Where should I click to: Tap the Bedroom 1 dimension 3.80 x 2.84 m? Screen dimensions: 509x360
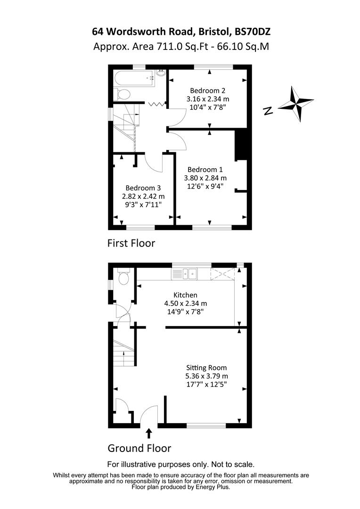click(205, 178)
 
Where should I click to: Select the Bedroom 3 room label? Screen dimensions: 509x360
click(143, 188)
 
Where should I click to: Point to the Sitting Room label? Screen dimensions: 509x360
click(206, 368)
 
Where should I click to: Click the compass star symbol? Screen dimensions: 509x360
click(295, 103)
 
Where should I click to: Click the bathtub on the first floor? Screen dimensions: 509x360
click(135, 77)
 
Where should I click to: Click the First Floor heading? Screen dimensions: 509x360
click(131, 243)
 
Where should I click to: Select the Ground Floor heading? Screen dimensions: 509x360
click(139, 448)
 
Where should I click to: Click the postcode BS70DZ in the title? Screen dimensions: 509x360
click(252, 32)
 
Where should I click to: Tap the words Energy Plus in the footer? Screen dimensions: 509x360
click(210, 487)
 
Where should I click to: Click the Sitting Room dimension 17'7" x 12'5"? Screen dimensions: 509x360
click(206, 385)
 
